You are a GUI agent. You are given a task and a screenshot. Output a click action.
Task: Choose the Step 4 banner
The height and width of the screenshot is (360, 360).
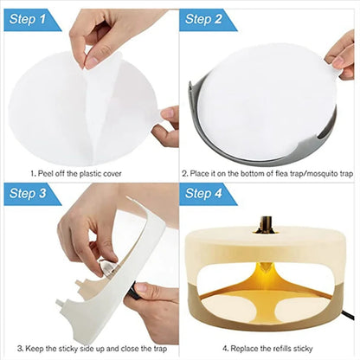click(x=209, y=194)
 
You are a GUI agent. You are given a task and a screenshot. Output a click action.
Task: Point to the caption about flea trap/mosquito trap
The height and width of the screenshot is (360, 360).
click(x=268, y=172)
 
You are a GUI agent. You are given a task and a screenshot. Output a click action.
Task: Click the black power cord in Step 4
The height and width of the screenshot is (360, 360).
click(x=346, y=325)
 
